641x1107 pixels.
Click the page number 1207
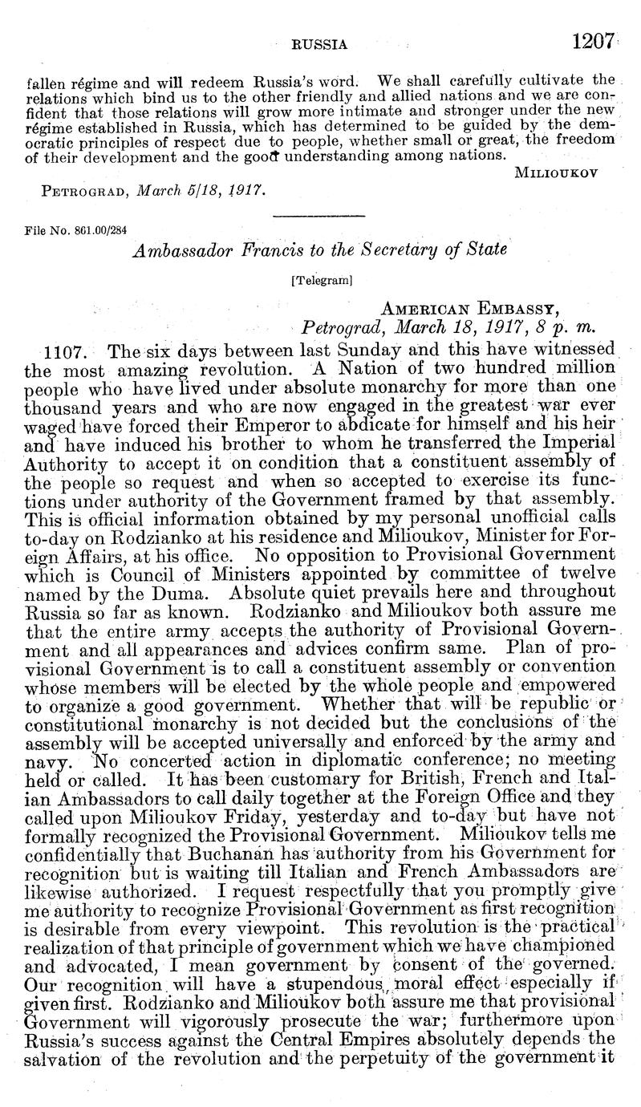594,42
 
